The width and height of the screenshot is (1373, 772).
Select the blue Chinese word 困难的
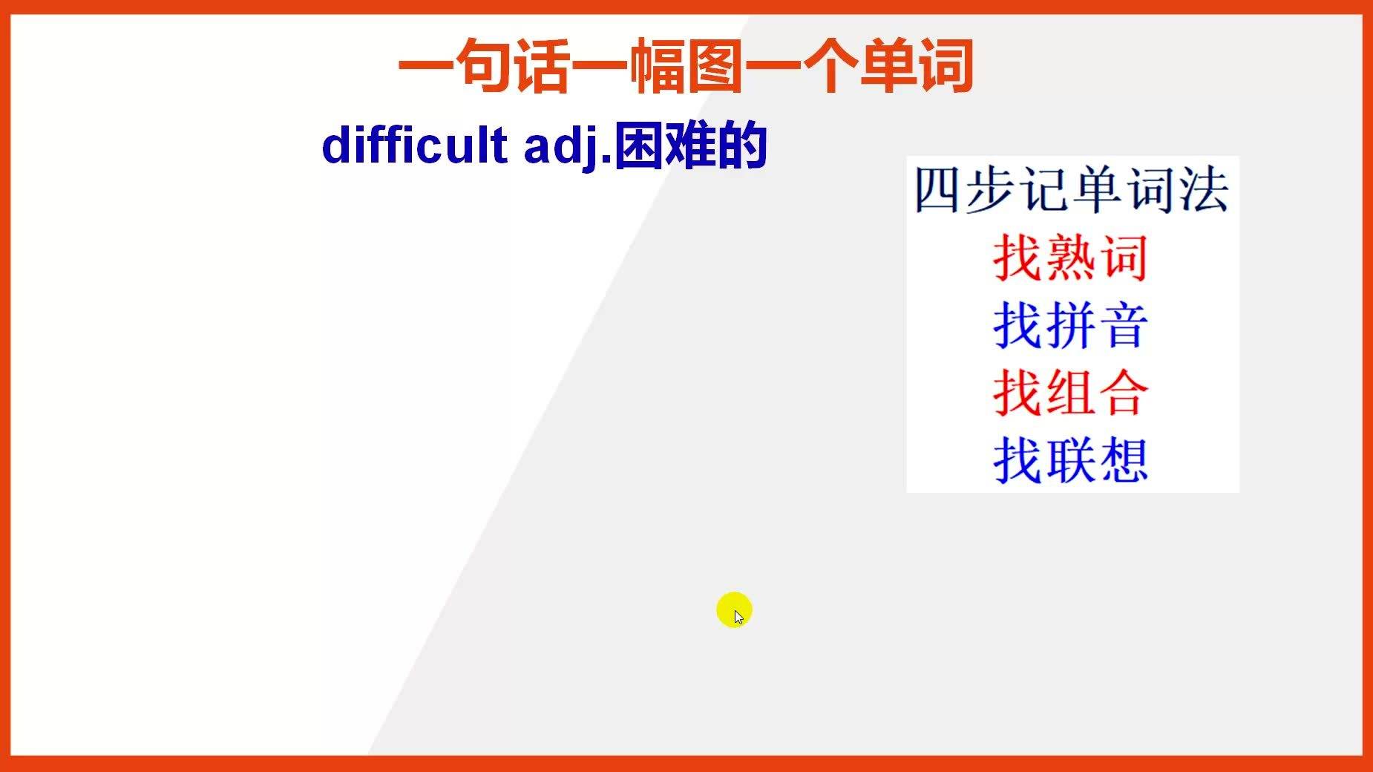coord(691,145)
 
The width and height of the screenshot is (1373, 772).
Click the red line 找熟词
coord(1071,258)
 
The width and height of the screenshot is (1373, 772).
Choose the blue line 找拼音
coord(1071,325)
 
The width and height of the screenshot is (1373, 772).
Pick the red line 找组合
coord(1071,392)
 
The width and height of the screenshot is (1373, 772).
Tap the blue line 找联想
coord(1071,459)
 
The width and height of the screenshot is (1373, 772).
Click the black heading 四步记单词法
coord(1072,190)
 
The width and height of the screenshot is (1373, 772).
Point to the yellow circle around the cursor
coord(735,610)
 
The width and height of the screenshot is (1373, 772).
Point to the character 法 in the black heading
coord(1204,190)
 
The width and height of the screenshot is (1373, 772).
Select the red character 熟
coord(1071,258)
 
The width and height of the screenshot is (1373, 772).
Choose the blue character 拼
coord(1071,325)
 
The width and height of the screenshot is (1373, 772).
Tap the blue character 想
coord(1124,459)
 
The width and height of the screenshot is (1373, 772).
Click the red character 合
coord(1124,392)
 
